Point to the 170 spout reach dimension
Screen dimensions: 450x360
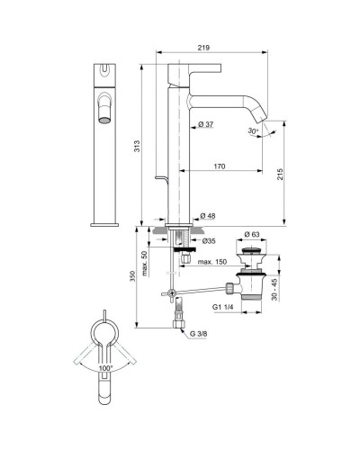(x=220, y=167)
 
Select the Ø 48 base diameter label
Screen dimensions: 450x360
(x=207, y=216)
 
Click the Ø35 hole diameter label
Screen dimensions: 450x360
(x=208, y=240)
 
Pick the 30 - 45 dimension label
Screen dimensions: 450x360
(x=287, y=287)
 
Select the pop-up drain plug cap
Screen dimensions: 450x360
(x=251, y=244)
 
